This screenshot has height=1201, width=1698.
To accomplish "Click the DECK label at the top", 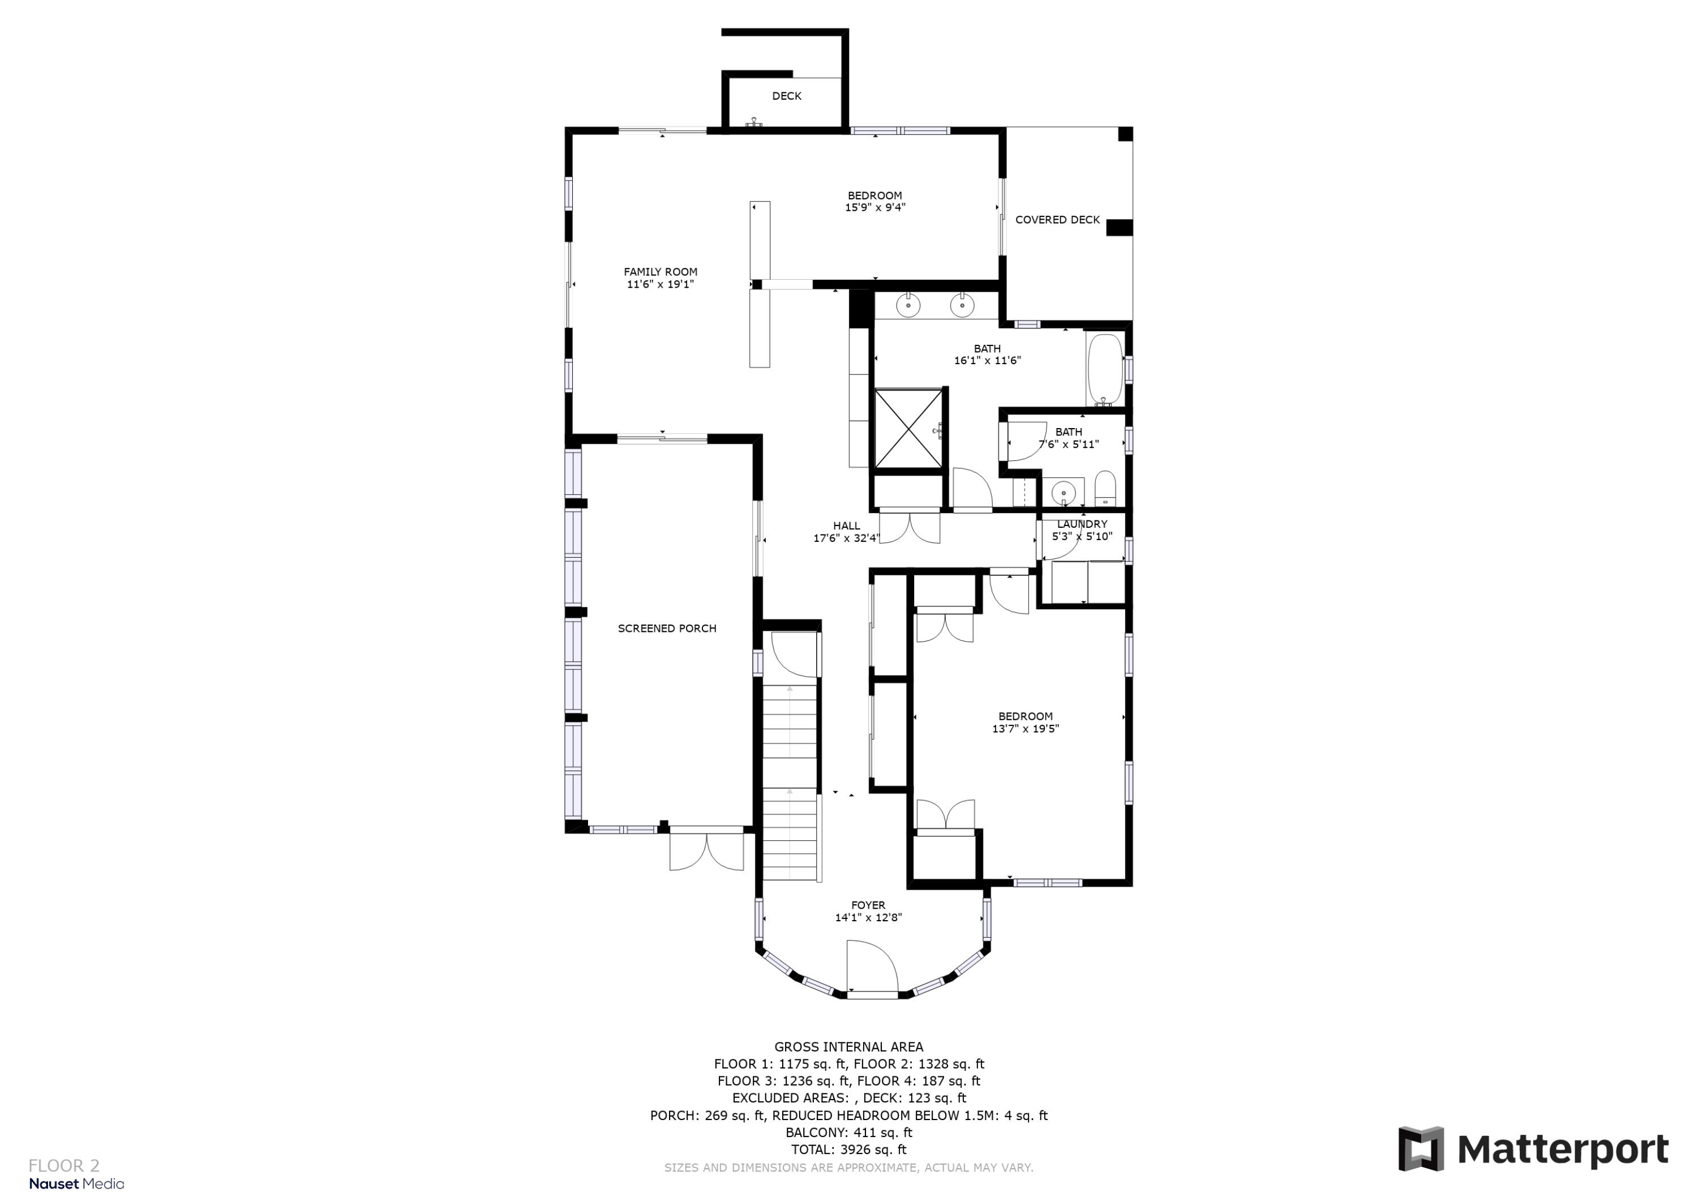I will click(786, 96).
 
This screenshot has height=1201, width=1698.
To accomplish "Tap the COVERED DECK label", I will click(1057, 220).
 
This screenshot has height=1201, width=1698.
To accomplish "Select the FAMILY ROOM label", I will click(660, 272).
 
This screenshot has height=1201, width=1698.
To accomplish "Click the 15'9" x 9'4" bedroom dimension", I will click(875, 208).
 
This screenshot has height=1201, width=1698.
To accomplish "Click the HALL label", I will click(846, 526).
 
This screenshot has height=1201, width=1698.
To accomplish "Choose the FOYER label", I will click(868, 905).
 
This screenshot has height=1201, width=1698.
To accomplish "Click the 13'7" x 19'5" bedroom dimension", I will click(1025, 728).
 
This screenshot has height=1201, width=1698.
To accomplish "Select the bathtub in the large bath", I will click(1104, 369).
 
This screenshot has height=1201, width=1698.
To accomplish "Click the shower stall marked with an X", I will click(908, 429).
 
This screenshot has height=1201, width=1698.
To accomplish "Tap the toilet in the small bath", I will click(1105, 489).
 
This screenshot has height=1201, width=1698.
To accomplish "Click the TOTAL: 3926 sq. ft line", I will click(848, 1149).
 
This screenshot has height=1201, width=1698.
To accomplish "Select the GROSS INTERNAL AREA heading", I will click(848, 1046).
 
